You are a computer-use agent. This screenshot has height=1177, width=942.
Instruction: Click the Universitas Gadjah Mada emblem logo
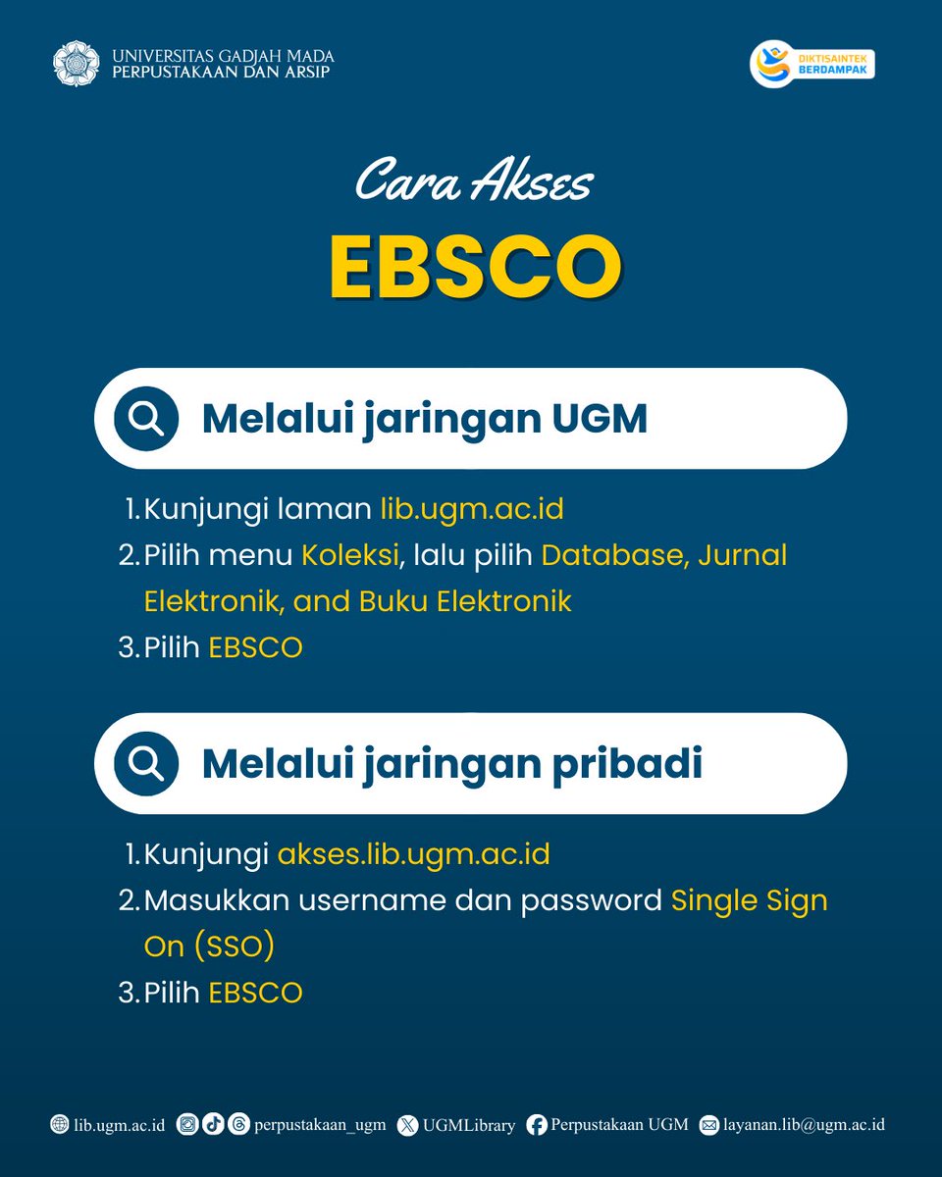(76, 62)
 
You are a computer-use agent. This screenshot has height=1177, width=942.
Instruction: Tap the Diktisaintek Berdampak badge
(812, 65)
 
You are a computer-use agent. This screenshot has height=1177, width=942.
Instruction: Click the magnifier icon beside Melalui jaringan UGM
(146, 419)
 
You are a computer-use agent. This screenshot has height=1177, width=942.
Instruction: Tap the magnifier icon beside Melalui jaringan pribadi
(146, 764)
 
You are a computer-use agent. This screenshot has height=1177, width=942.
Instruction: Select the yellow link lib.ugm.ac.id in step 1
(472, 510)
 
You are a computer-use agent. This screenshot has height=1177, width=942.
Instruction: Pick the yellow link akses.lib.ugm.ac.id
(413, 854)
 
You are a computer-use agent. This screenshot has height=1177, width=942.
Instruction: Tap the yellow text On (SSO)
(209, 946)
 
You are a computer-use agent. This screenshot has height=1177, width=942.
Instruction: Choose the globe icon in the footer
(60, 1125)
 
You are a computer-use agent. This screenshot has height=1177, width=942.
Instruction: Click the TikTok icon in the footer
(212, 1125)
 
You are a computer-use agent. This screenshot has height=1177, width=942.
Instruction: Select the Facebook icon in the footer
(537, 1125)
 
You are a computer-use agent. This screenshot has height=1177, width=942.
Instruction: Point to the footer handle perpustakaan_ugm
(320, 1125)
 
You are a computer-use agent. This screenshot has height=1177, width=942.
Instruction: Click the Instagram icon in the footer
(187, 1125)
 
